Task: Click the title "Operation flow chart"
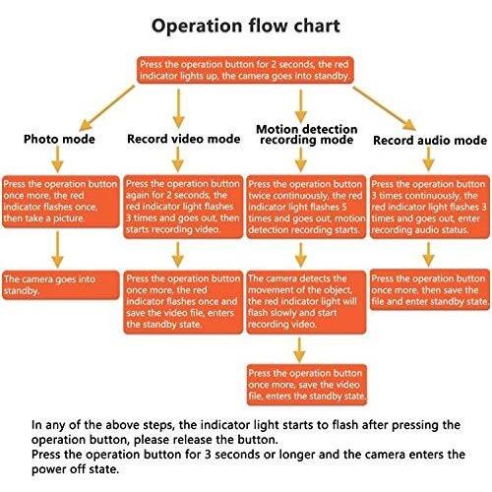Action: click(245, 27)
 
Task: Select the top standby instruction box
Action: click(245, 70)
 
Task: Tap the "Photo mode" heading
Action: click(59, 139)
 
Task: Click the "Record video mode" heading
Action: click(183, 139)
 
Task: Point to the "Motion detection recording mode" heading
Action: click(306, 135)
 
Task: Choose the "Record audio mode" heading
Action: click(430, 141)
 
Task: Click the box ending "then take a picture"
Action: click(61, 202)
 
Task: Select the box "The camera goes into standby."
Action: click(61, 285)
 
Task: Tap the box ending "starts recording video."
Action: click(183, 207)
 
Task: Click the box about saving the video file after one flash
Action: click(183, 302)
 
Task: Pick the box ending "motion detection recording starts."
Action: click(306, 207)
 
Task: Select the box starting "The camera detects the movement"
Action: click(306, 302)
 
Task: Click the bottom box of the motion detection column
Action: click(306, 385)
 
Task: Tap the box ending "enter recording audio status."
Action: click(430, 207)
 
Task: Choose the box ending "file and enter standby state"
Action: click(430, 289)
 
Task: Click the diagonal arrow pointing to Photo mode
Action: click(107, 107)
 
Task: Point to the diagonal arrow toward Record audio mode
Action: click(385, 108)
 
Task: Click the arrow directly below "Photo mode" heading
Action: click(58, 159)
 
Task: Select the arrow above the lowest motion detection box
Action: click(299, 349)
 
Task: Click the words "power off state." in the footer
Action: click(75, 469)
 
